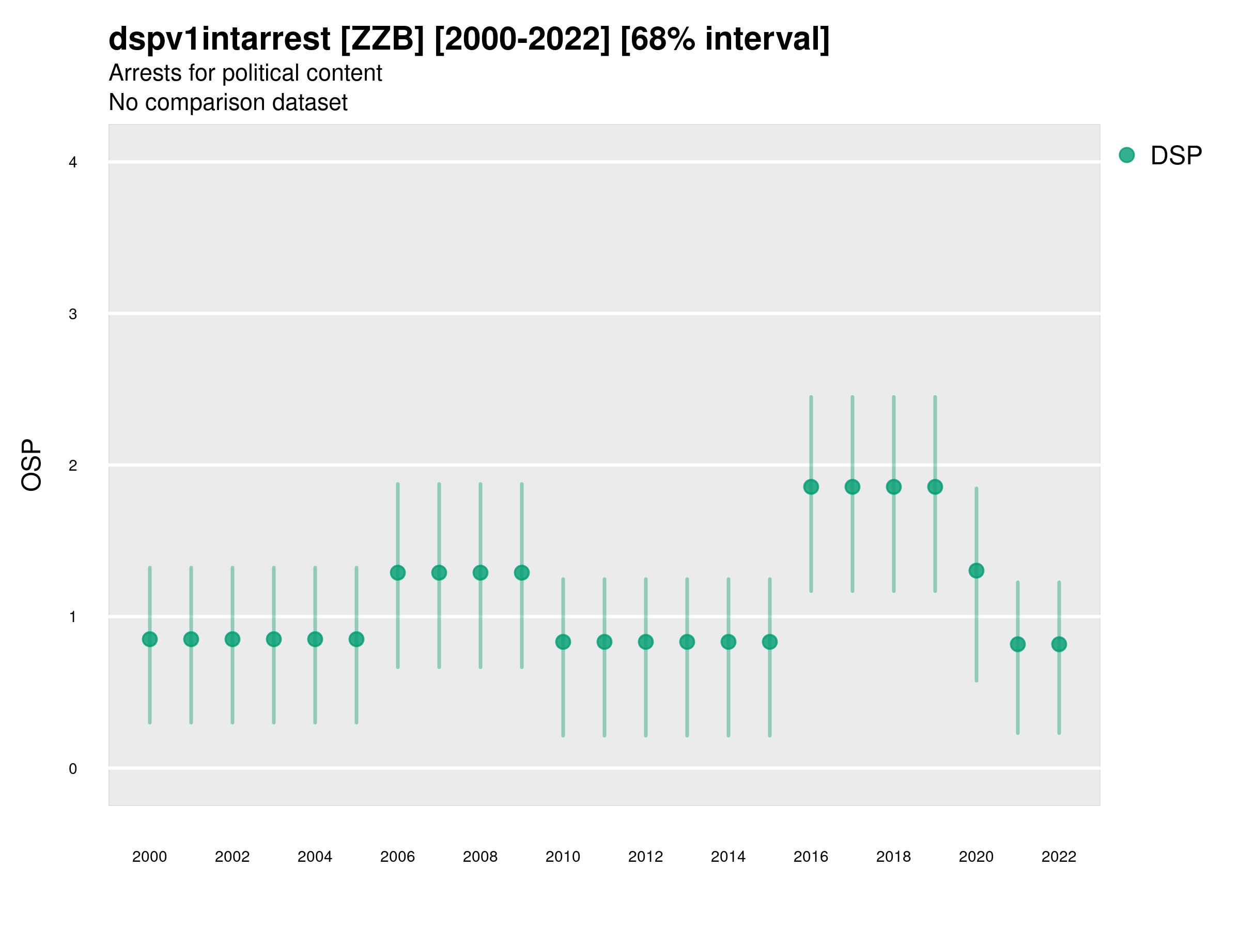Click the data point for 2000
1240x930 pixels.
click(150, 639)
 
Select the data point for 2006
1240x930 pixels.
click(397, 572)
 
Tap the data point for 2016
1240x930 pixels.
click(811, 487)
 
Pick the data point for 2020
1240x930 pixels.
click(976, 571)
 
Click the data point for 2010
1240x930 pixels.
click(563, 642)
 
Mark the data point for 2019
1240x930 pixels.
click(935, 487)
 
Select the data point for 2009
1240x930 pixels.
click(521, 572)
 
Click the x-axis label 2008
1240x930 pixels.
click(480, 857)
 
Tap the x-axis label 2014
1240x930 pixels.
click(727, 857)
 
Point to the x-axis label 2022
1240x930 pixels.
click(1058, 857)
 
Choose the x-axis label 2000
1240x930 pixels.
click(150, 857)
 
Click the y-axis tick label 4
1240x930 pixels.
click(73, 163)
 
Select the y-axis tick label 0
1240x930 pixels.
click(73, 769)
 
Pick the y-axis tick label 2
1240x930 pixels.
click(73, 466)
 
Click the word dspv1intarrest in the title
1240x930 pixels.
click(219, 39)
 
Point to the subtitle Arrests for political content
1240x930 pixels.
click(245, 73)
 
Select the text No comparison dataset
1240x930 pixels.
click(228, 102)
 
